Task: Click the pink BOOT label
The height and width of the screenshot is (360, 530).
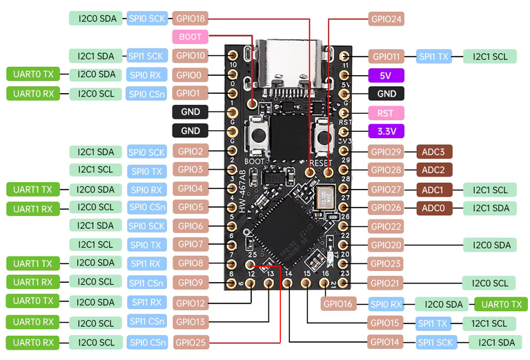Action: [x=190, y=37]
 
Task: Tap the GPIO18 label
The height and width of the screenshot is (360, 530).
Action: [x=190, y=19]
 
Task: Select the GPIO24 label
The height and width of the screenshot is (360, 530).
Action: [x=386, y=19]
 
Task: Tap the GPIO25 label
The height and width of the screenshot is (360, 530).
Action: [x=190, y=341]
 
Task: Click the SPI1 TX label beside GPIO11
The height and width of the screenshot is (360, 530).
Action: [x=433, y=57]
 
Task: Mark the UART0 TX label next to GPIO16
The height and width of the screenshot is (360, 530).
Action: [x=502, y=303]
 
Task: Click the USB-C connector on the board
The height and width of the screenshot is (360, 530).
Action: [x=288, y=61]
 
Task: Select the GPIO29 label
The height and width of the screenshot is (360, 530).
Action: [x=386, y=151]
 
